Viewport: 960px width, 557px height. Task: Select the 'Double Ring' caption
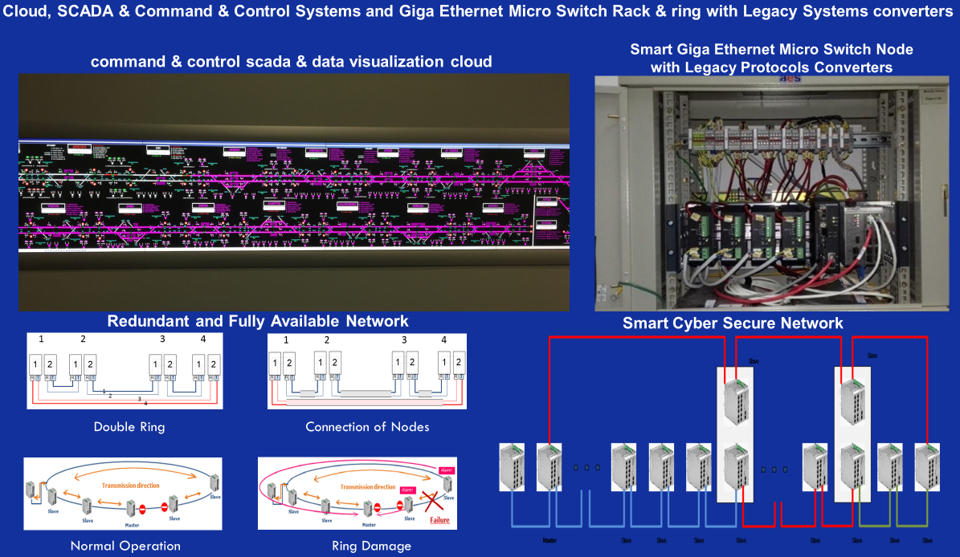pos(129,427)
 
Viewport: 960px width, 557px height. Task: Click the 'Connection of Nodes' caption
pos(367,427)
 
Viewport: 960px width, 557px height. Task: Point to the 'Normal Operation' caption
pos(125,546)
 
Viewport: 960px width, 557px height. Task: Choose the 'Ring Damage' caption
pos(371,546)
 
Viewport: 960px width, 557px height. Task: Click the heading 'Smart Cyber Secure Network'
pos(733,323)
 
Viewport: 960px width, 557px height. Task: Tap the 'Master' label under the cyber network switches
pos(549,541)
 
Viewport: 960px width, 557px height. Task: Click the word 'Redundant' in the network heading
pos(149,321)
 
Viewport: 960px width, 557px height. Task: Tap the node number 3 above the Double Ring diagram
pos(162,339)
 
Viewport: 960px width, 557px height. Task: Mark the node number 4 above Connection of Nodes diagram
pos(443,339)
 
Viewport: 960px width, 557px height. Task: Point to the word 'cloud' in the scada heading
pos(466,62)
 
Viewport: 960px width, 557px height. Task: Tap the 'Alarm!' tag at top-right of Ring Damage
pos(447,471)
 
